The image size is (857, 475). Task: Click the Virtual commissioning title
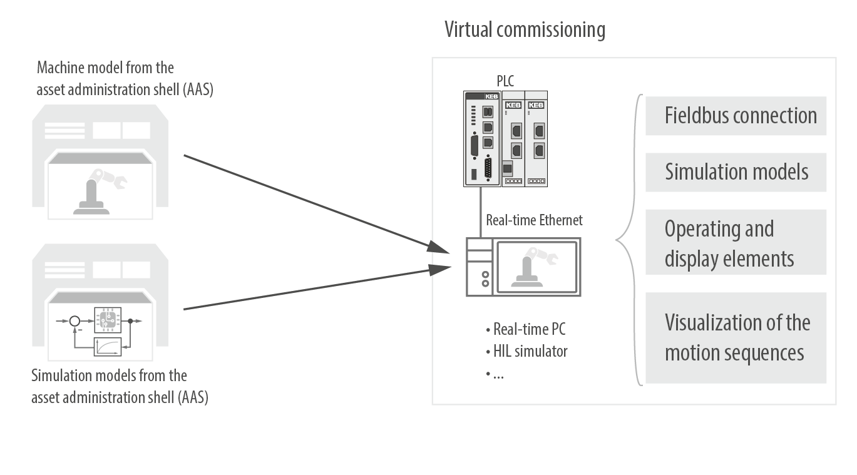[525, 29]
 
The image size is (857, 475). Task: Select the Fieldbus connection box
[736, 116]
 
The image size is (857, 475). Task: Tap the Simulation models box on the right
[736, 172]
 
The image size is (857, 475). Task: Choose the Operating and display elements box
[736, 243]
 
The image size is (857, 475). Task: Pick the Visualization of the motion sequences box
[736, 338]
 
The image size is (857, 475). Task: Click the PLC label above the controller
[505, 80]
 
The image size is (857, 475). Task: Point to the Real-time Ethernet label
[534, 220]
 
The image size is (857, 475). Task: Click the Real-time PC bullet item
[526, 329]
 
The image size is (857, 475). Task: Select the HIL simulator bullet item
[527, 351]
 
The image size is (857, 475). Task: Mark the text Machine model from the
[105, 68]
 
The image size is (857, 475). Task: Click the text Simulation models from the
[109, 376]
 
